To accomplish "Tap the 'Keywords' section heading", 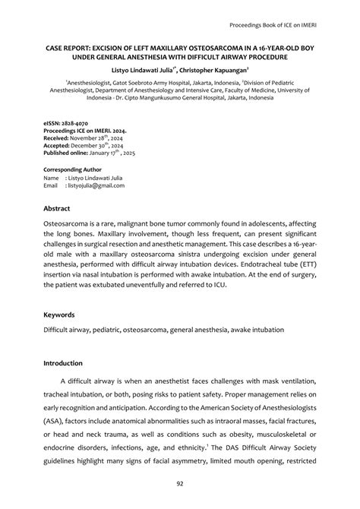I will coord(60,313).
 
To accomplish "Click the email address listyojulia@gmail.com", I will coord(96,185).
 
